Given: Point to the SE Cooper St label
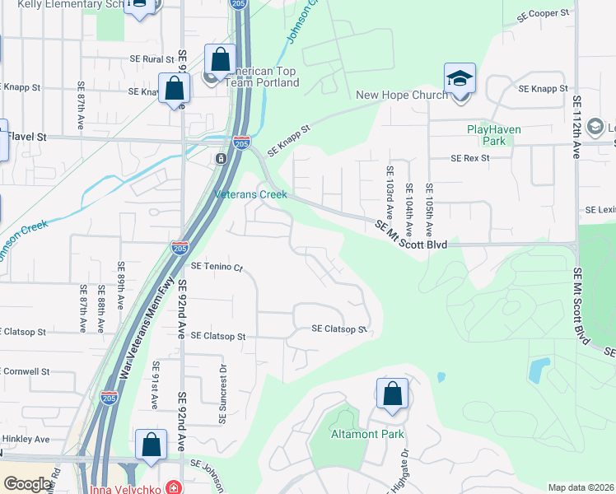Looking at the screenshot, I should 544,15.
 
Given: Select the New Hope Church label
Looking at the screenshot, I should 401,95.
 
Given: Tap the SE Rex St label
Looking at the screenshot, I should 470,158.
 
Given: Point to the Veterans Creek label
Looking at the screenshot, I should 250,195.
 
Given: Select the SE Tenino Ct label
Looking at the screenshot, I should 218,267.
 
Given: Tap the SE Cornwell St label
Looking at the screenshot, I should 26,371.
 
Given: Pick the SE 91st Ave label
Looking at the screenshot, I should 154,390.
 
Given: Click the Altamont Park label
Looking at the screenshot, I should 359,434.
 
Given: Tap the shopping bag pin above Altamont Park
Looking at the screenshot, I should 392,394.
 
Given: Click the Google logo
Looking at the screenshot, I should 27,485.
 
